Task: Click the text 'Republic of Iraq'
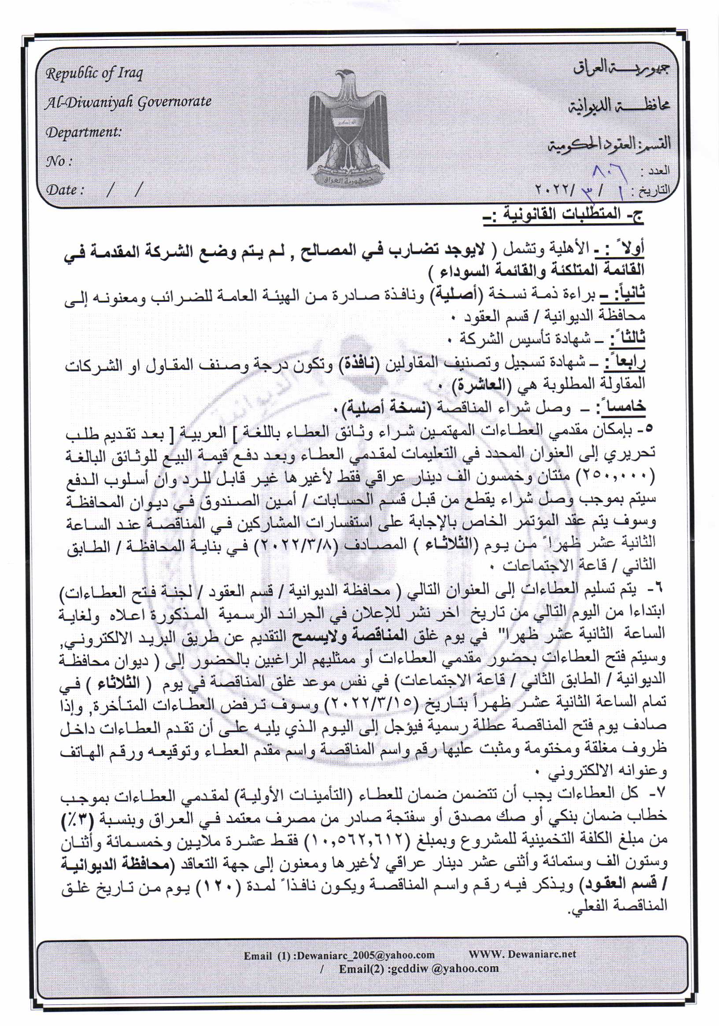(94, 73)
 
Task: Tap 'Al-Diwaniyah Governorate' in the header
(128, 102)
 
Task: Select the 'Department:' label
(84, 132)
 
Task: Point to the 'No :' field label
(58, 161)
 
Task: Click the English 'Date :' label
(65, 190)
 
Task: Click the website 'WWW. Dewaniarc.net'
(522, 954)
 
